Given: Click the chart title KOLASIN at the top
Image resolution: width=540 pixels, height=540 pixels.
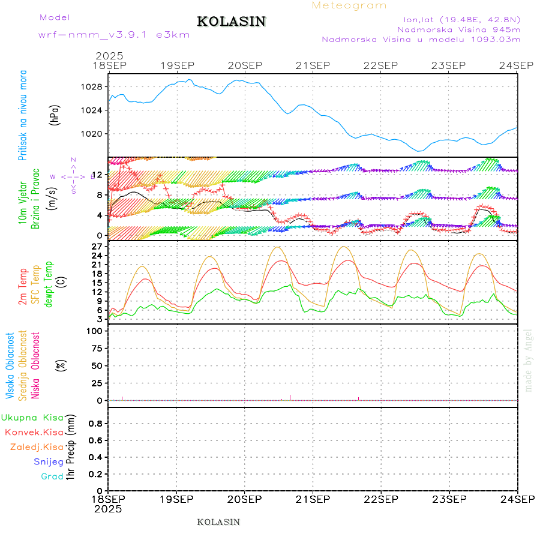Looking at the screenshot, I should point(231,22).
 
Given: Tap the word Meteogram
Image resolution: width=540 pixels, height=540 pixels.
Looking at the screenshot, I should point(349,5).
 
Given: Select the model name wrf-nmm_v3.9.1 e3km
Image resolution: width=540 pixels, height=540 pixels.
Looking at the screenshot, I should point(114,34).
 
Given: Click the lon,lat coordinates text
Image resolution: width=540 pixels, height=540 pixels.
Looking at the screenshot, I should point(461,18).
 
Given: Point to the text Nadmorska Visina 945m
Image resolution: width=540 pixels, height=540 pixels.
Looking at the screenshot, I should point(458,29).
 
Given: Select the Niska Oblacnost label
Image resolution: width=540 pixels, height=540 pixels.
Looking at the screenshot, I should point(36,366).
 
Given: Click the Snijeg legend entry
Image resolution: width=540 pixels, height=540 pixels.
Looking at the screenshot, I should point(48,462).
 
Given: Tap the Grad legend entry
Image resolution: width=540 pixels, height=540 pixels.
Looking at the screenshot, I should point(52,476).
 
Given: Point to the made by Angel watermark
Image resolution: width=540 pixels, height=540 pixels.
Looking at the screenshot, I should point(529,360).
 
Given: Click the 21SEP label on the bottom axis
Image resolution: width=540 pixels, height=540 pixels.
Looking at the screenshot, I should point(313,499).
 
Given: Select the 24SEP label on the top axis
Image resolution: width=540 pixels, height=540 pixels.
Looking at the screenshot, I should point(517,65).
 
